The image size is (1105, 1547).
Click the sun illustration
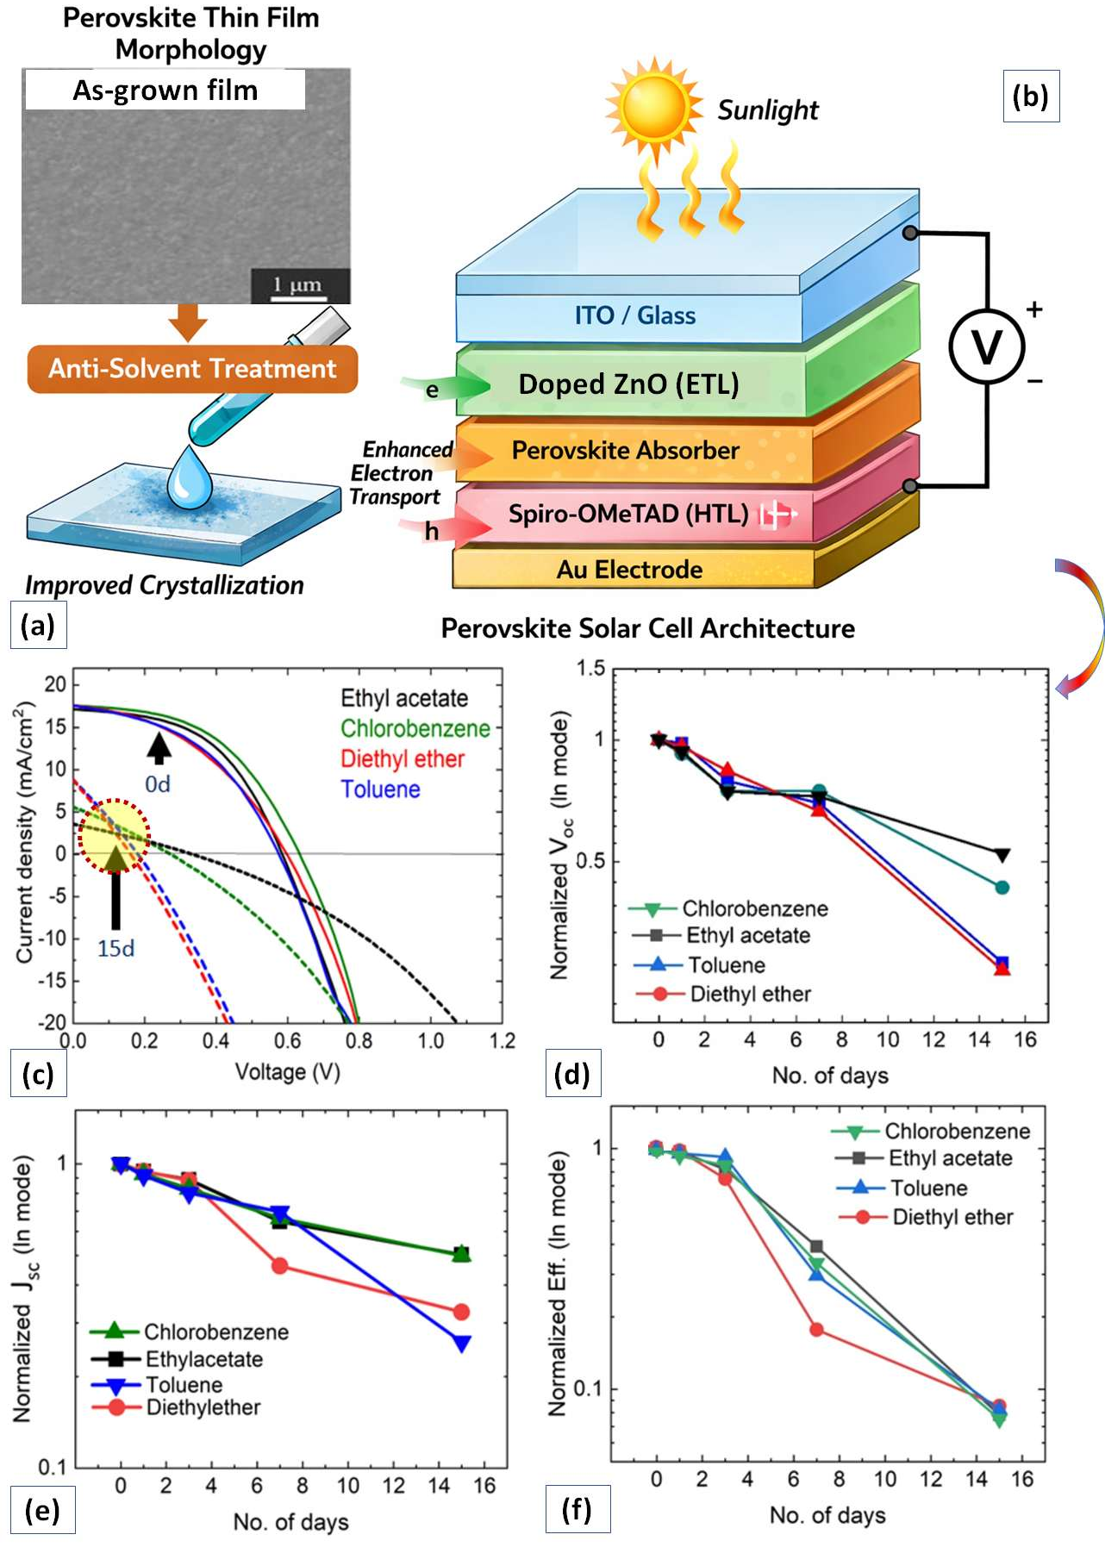[654, 106]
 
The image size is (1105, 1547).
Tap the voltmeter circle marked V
[986, 346]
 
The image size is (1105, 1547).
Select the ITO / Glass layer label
[635, 315]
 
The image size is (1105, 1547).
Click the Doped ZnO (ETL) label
[628, 384]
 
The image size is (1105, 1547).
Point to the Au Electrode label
[629, 570]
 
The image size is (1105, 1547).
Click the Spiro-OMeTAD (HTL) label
[628, 515]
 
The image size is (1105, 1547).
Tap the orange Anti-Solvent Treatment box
[192, 369]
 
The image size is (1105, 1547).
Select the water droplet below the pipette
[189, 478]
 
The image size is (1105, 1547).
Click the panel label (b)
[1031, 97]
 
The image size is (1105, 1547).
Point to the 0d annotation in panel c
[158, 784]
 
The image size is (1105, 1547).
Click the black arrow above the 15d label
[115, 888]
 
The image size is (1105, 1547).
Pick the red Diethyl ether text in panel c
[403, 759]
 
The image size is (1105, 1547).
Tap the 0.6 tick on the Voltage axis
[288, 1041]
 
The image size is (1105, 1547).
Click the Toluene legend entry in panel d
[727, 965]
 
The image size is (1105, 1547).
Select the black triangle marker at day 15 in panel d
[1002, 855]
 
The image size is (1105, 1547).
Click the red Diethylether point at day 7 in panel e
[279, 1266]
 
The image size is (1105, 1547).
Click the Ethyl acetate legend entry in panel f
[950, 1158]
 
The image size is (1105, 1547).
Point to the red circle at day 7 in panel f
[816, 1330]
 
